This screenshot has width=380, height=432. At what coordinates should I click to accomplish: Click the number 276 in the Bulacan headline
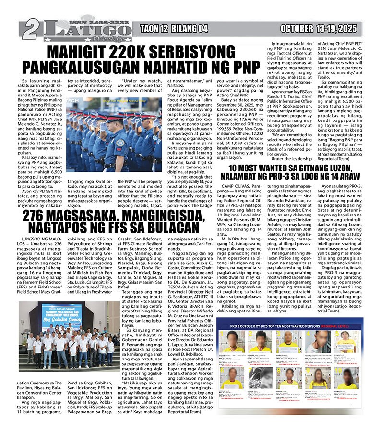tap(39, 216)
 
